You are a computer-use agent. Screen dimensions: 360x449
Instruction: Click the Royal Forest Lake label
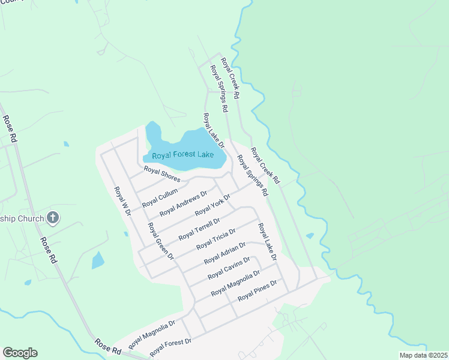[183, 155]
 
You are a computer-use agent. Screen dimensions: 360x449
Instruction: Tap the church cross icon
[53, 218]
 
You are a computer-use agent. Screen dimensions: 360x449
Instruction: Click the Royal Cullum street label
[160, 197]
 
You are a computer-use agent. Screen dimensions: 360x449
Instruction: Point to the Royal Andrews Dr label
[183, 204]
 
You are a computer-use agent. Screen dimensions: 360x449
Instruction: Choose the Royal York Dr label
[213, 205]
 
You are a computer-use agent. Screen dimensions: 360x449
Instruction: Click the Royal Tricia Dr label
[216, 238]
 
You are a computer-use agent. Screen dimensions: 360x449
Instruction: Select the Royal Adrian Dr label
[224, 253]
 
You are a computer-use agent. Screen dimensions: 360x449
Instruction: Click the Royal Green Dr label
[160, 241]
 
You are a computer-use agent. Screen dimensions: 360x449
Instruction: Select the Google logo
[20, 353]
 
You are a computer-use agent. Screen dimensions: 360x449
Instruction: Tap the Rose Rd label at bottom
[108, 346]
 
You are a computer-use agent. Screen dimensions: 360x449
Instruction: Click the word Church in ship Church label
[31, 218]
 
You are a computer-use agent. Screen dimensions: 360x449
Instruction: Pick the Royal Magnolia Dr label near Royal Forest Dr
[151, 331]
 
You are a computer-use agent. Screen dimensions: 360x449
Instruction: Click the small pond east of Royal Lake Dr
[310, 236]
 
